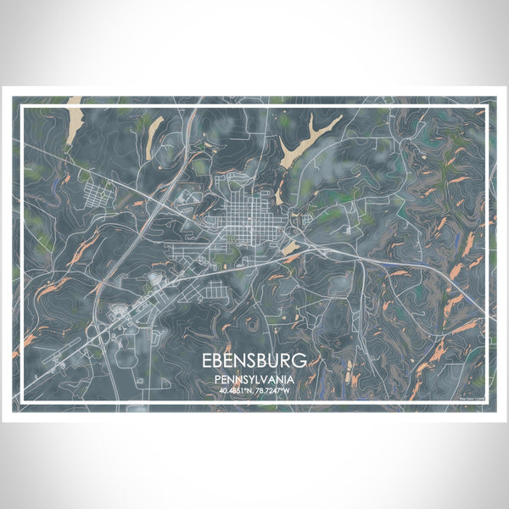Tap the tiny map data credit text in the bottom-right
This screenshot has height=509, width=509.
pos(471,397)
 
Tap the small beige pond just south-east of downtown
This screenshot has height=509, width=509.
pos(290,247)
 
